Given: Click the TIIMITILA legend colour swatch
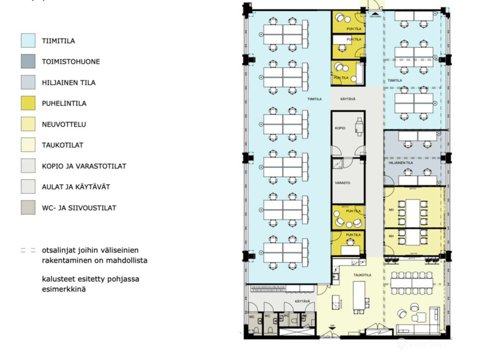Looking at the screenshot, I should coord(28,41).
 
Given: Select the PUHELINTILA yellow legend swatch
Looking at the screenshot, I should coord(28,103).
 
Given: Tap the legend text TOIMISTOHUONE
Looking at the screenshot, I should coord(71,62).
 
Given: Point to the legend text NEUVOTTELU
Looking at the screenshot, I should coord(64,124).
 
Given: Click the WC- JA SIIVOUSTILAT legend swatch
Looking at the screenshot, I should coord(28,208).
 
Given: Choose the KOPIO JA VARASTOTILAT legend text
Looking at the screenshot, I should coord(84,166).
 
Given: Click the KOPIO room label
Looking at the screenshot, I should coord(340,128).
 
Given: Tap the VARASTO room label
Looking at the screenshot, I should coord(342,183).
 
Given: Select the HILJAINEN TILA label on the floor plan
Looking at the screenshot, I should coord(401,163).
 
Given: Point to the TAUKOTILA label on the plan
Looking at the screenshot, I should coord(362,275).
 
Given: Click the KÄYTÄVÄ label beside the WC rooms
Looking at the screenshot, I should coord(302,301).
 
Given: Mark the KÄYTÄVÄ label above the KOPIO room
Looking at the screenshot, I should coord(348,99).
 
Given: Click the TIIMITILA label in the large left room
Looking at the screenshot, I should coord(314,99).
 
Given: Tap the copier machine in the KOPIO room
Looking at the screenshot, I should coord(359,127).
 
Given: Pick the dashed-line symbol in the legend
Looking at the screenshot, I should coord(28,250).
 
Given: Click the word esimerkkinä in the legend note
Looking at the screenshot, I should coord(64,289).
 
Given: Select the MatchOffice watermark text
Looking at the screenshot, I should coord(428,344).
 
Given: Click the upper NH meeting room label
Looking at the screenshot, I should coord(391,210).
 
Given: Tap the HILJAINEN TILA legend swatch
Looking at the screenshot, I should coord(28,82).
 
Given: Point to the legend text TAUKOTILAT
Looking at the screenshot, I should coord(62,145).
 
